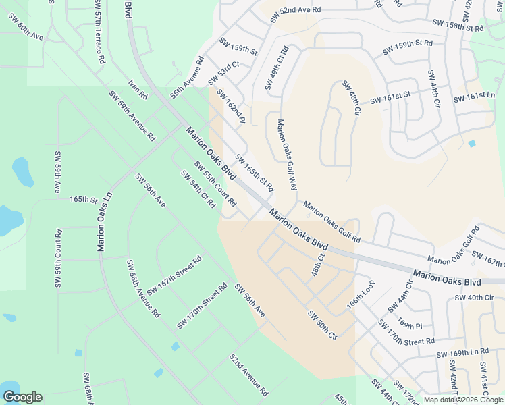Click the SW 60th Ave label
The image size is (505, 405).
(26, 25)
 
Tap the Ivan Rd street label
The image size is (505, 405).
(138, 90)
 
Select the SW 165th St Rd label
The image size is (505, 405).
(255, 173)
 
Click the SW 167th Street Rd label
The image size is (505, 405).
(174, 275)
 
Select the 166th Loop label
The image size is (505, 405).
(360, 294)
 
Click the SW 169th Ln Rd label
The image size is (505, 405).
(462, 353)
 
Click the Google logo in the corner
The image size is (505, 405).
(22, 397)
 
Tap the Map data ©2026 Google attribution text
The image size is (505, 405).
(464, 400)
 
